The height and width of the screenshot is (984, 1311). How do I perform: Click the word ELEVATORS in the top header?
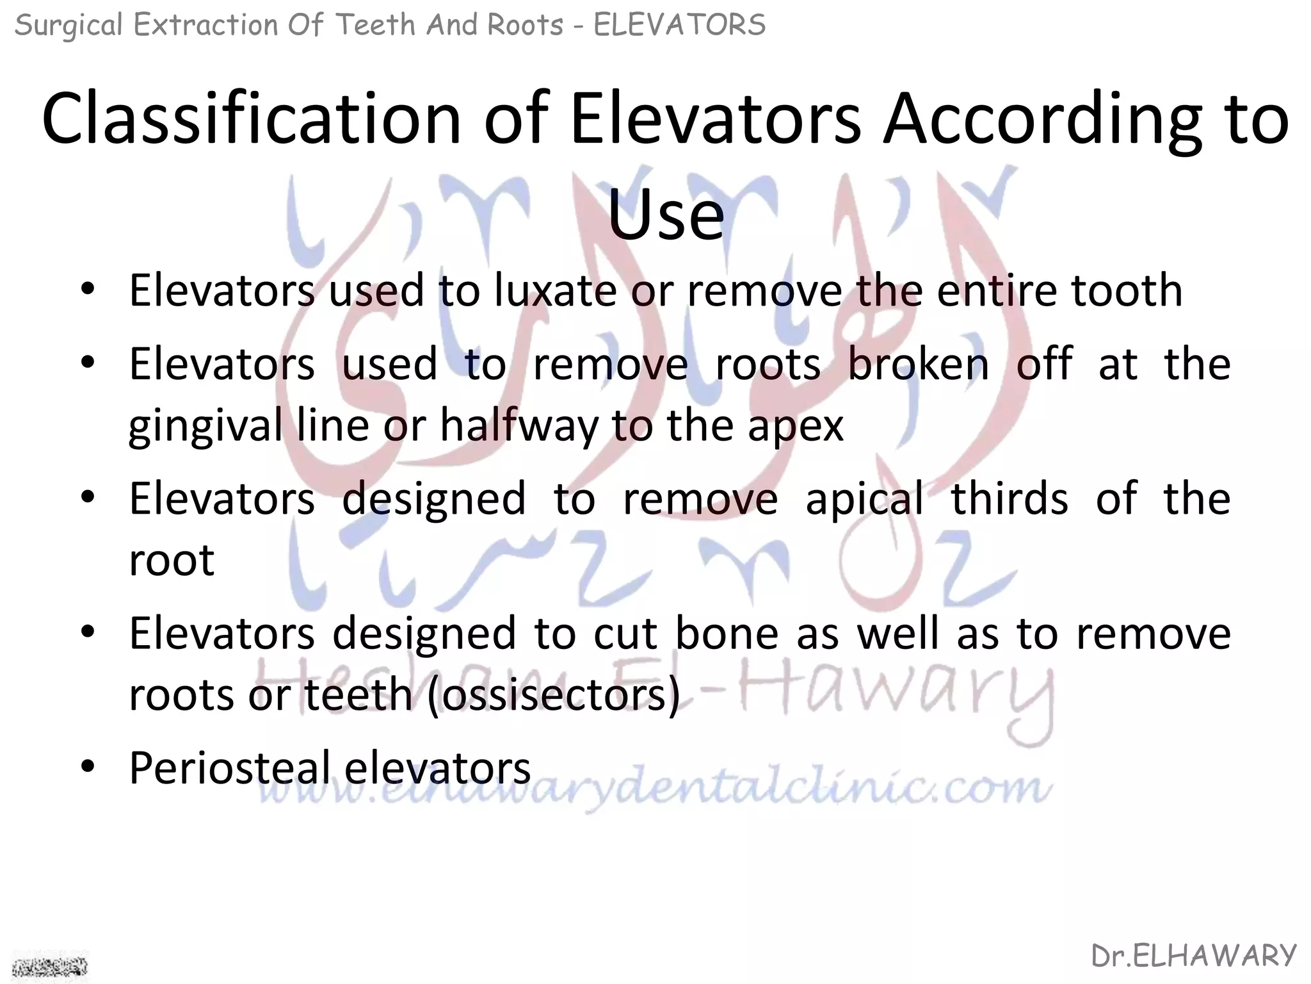pos(679,26)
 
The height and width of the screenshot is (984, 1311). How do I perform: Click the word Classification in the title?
pos(251,119)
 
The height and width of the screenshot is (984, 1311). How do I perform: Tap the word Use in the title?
pos(666,214)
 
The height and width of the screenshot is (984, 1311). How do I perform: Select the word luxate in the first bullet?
pos(554,291)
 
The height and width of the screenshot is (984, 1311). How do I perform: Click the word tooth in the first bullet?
pos(1127,291)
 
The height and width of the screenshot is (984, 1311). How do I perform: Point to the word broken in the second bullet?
pos(918,364)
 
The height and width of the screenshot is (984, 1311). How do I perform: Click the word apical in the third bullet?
pos(864,498)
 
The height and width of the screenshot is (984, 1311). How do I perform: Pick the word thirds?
pos(1009,498)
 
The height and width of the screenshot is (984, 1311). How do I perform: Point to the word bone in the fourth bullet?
pos(727,633)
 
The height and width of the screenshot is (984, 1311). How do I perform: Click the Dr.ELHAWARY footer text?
pos(1194,956)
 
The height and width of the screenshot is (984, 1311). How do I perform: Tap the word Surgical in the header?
pos(68,26)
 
